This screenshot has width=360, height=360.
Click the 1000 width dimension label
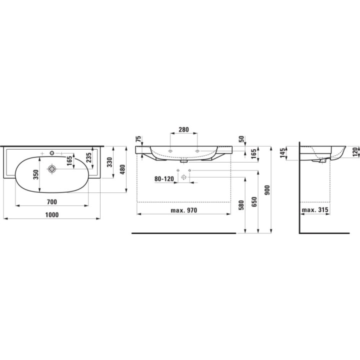pos(52,215)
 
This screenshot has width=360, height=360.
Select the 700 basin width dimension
pos(52,202)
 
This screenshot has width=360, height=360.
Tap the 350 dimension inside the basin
pos(36,174)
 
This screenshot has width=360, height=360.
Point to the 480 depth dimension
pos(122,169)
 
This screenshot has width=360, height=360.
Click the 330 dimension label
pos(110,162)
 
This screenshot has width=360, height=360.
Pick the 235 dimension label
pos(89,157)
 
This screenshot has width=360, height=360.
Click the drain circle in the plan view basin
pos(52,169)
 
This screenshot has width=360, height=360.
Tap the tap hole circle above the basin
pos(52,152)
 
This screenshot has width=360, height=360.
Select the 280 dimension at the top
pos(183,129)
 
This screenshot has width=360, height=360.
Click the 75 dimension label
pos(138,139)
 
